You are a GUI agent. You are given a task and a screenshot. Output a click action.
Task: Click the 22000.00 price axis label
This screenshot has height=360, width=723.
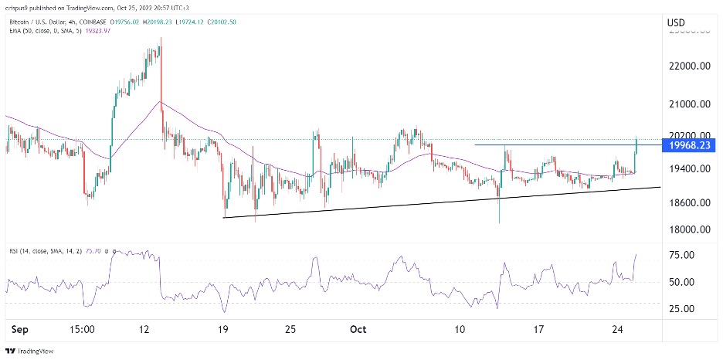(690, 67)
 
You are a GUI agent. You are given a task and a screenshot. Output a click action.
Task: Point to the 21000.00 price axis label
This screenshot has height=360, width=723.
(690, 104)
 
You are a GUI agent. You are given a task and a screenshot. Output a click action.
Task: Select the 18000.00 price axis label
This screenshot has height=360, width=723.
(690, 229)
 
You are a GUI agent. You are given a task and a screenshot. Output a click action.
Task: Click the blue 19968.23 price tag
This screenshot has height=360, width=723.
(690, 145)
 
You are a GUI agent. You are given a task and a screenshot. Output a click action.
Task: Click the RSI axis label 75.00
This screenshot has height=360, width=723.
(691, 255)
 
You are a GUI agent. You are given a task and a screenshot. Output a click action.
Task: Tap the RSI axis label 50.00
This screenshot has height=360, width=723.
(691, 282)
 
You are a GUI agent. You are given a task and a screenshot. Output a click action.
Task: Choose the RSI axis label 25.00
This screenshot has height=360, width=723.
(691, 309)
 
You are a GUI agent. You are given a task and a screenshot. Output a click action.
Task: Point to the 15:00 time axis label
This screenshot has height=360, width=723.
(82, 328)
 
